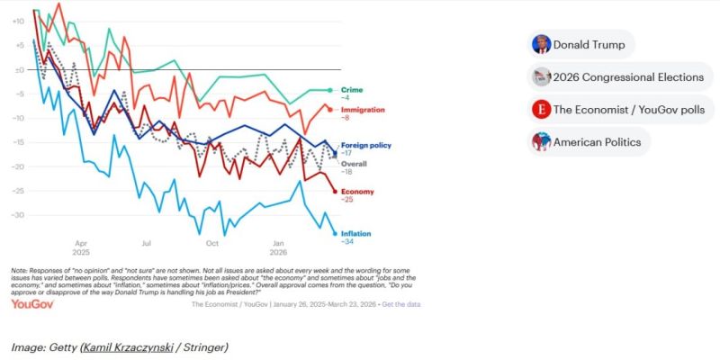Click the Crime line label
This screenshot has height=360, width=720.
click(x=350, y=89)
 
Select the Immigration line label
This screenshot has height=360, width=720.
click(x=359, y=109)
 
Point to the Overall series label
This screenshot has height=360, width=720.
click(x=353, y=163)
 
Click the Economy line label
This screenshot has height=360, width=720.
click(x=355, y=191)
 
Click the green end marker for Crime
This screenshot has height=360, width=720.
click(x=330, y=90)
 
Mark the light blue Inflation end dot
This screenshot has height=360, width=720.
click(x=335, y=233)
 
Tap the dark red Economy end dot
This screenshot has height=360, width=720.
click(x=335, y=191)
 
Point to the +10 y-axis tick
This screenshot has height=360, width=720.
click(x=18, y=21)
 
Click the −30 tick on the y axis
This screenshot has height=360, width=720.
click(x=18, y=215)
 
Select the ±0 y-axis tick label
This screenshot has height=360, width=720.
click(x=18, y=69)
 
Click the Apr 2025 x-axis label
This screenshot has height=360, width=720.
click(x=81, y=247)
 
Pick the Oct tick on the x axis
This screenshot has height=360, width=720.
click(x=212, y=243)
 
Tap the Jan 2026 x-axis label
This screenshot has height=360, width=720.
click(x=278, y=247)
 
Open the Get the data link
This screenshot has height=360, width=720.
click(x=400, y=304)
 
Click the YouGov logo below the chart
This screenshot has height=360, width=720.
click(x=32, y=304)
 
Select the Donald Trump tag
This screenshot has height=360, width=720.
click(x=581, y=44)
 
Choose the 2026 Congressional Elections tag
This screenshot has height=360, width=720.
click(x=618, y=76)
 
